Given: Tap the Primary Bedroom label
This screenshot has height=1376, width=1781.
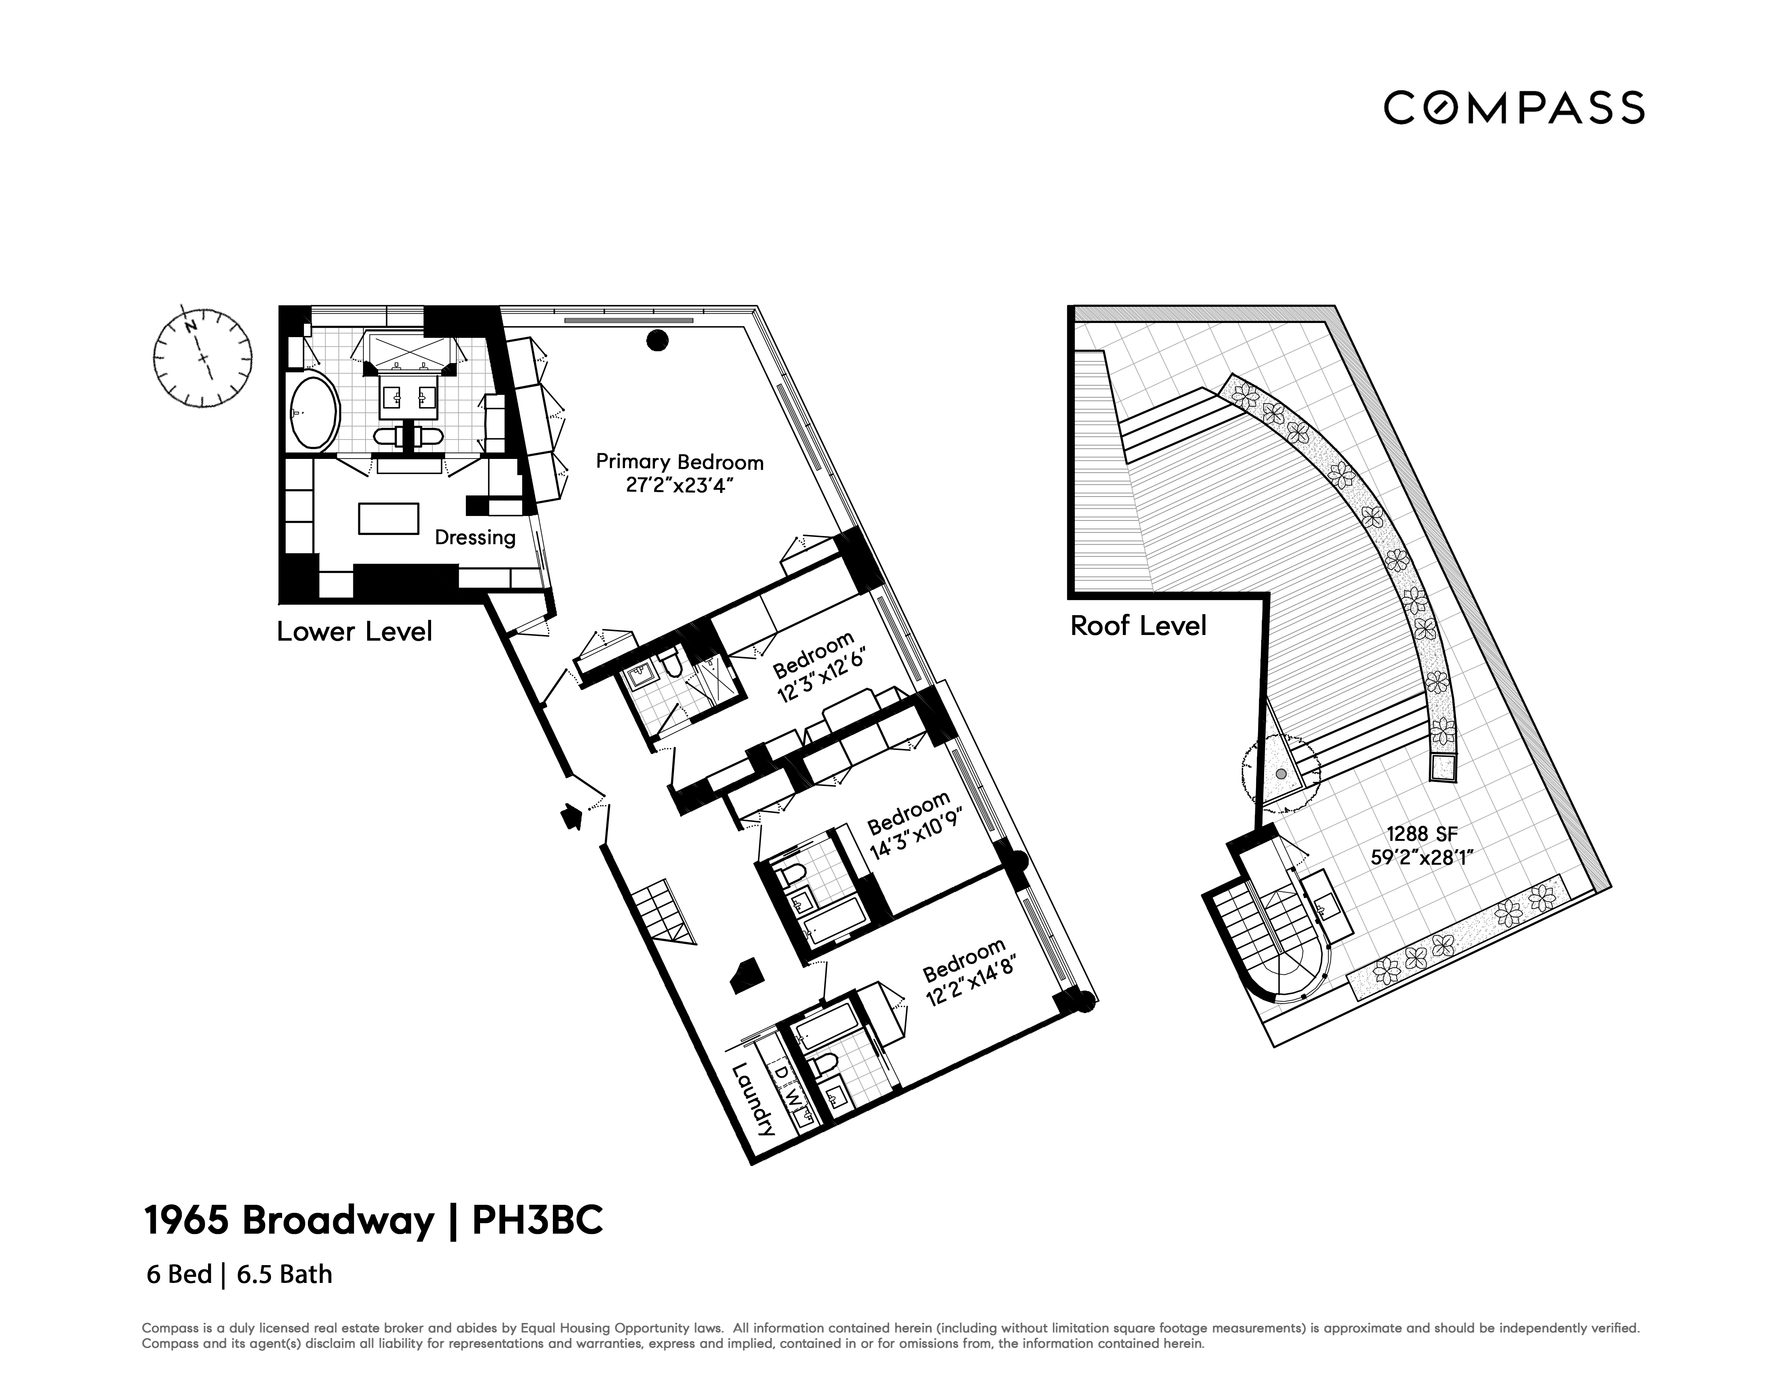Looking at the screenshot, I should (x=679, y=461).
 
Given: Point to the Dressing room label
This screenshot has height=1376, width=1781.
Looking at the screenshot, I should (x=475, y=537).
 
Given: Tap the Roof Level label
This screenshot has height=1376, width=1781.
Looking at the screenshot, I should (x=1137, y=626).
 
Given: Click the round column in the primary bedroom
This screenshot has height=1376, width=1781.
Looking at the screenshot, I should (x=657, y=341).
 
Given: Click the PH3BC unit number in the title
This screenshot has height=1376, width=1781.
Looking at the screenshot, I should (x=538, y=1220).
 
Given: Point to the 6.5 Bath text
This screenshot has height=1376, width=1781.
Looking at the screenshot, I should (x=285, y=1274).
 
